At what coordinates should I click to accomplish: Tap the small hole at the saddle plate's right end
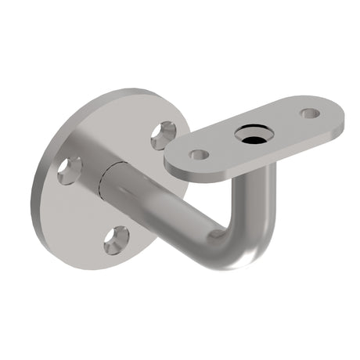(x=311, y=113)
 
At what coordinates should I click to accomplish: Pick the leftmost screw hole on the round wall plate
(x=70, y=170)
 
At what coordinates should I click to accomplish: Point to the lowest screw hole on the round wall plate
(x=117, y=239)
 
